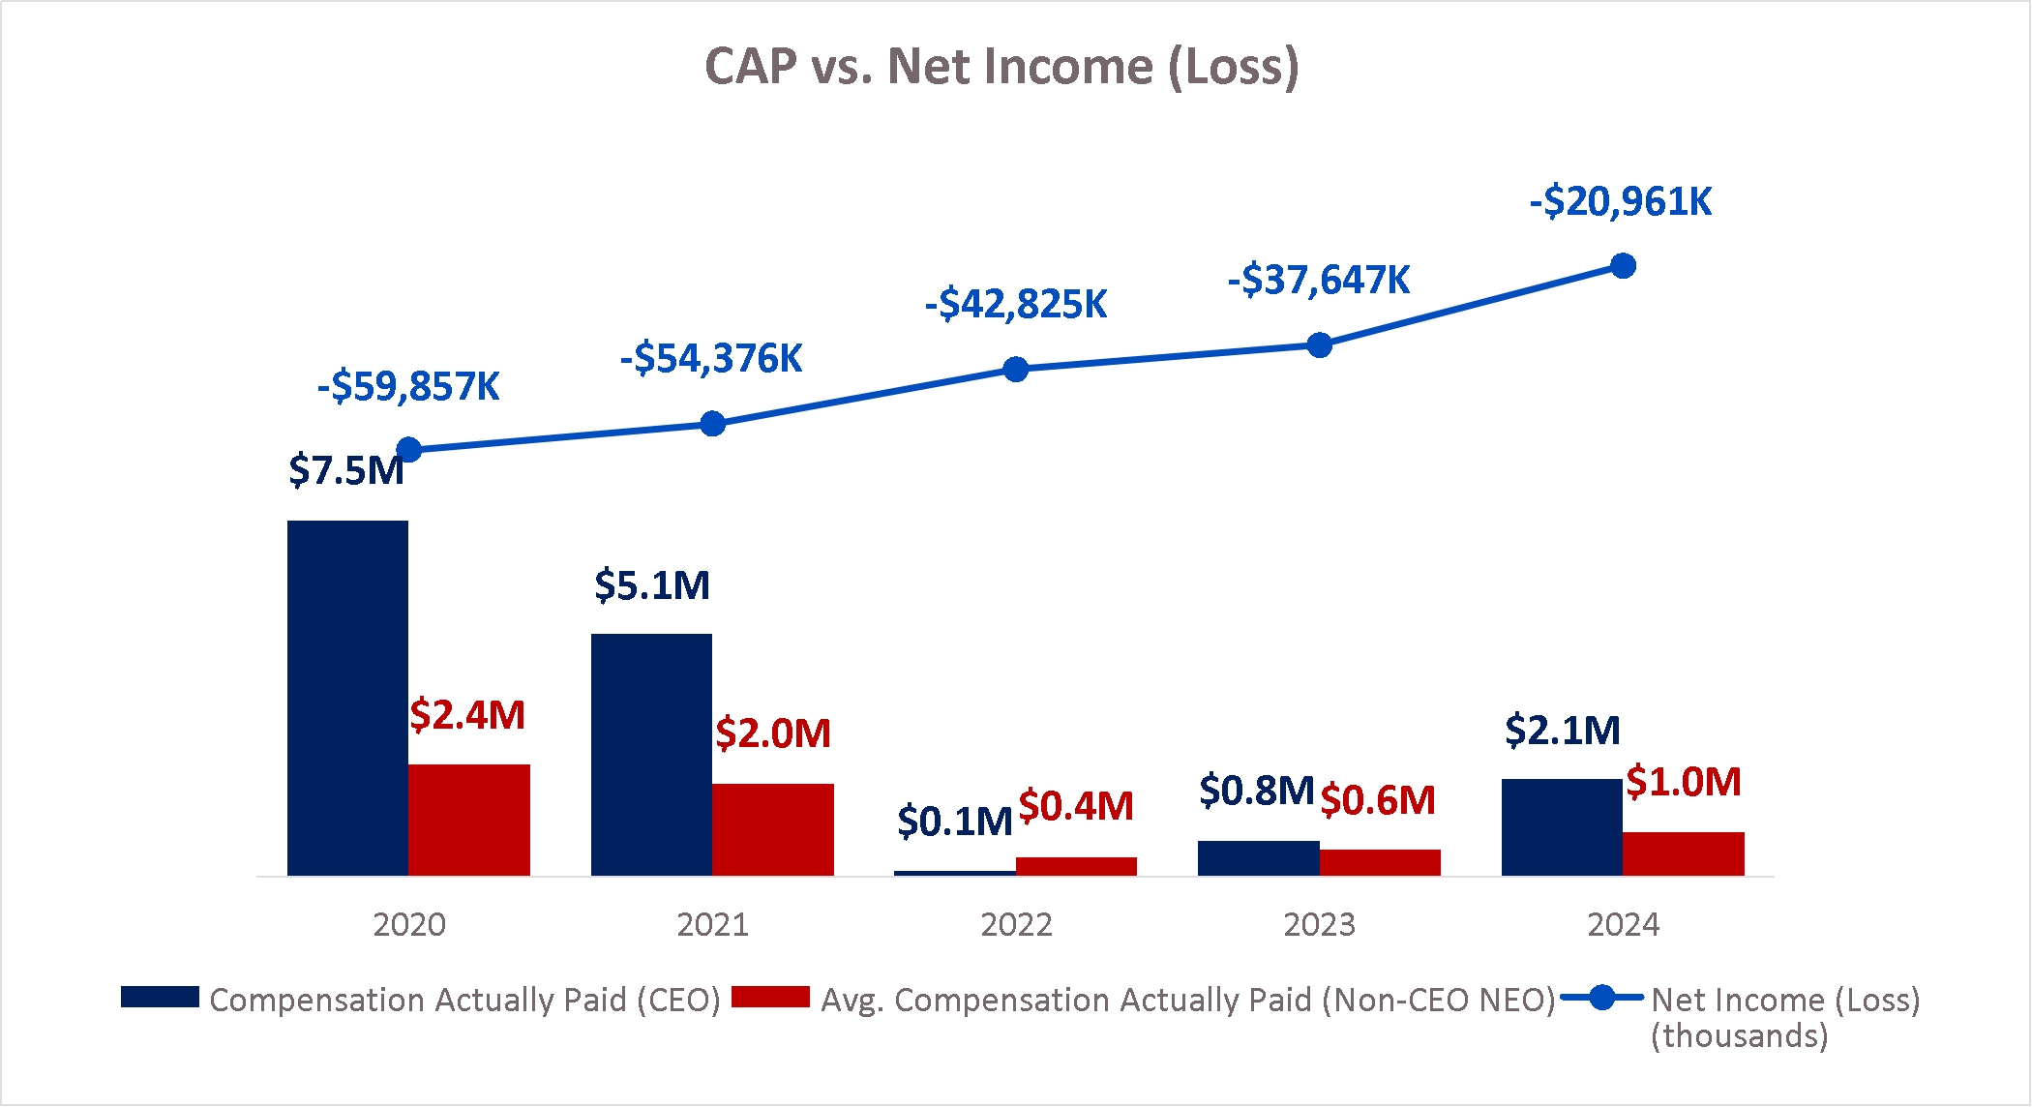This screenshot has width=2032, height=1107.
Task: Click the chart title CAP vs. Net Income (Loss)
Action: point(1001,67)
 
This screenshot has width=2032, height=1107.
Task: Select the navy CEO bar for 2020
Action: point(347,698)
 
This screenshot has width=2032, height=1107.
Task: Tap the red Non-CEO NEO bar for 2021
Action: point(772,829)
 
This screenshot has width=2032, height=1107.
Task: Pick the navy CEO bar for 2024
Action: point(1562,826)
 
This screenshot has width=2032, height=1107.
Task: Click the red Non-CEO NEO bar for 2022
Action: point(1076,866)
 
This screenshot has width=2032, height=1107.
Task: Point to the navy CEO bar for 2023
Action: point(1258,858)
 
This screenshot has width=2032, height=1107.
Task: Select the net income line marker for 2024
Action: point(1623,266)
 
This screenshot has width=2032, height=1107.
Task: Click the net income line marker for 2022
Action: point(1016,370)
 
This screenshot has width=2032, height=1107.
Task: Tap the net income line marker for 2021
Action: point(712,424)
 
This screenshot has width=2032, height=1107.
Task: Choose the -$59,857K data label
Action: point(408,387)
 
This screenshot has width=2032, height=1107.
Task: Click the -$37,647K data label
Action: point(1319,281)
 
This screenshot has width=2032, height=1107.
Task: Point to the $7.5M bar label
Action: point(345,471)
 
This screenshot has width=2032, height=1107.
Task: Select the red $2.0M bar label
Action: point(773,733)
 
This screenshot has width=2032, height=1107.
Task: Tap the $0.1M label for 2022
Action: point(954,822)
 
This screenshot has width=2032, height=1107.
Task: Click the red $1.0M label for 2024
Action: point(1683,782)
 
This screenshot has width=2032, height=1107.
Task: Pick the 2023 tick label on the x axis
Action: point(1319,925)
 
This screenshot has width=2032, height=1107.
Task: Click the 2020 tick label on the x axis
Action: point(409,925)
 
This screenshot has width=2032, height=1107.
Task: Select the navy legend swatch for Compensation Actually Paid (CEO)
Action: point(160,998)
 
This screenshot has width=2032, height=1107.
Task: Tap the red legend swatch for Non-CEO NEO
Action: point(770,998)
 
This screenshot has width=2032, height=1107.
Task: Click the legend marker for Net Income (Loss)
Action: point(1602,998)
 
